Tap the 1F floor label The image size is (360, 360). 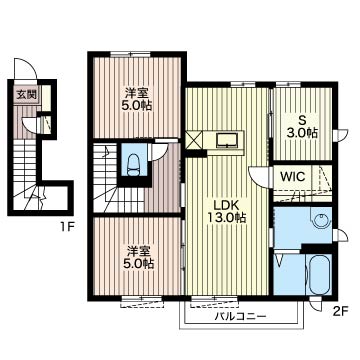(x=67, y=228)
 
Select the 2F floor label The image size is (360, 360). (x=340, y=312)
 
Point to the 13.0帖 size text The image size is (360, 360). (x=226, y=218)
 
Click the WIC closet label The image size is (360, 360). (x=293, y=176)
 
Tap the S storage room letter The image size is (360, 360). (x=302, y=120)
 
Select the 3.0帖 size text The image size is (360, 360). (x=302, y=133)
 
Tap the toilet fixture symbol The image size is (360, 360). (x=134, y=164)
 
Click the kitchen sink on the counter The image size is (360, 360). (x=227, y=140)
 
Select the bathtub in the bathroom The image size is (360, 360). (x=319, y=275)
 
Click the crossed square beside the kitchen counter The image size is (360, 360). (x=194, y=139)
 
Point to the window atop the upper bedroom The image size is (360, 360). (x=130, y=54)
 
